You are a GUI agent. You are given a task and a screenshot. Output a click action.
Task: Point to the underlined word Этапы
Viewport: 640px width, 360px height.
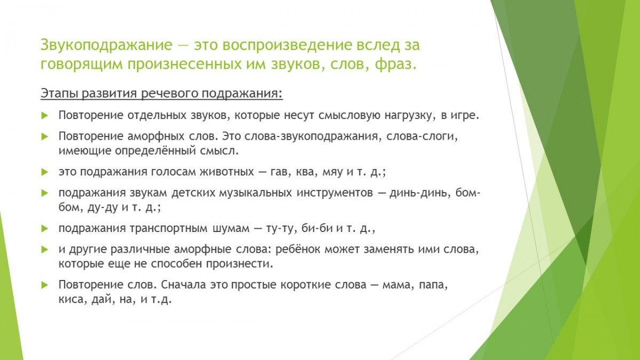[59, 93]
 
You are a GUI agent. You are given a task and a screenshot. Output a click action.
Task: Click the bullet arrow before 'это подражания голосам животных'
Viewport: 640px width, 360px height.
[45, 172]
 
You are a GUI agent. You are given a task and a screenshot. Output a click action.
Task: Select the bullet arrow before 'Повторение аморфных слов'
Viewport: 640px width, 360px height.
[45, 137]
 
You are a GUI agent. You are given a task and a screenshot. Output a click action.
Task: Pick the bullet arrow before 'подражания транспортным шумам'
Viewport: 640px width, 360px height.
[45, 229]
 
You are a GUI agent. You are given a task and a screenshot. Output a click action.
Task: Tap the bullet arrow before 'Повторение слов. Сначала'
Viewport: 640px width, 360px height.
[45, 285]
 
